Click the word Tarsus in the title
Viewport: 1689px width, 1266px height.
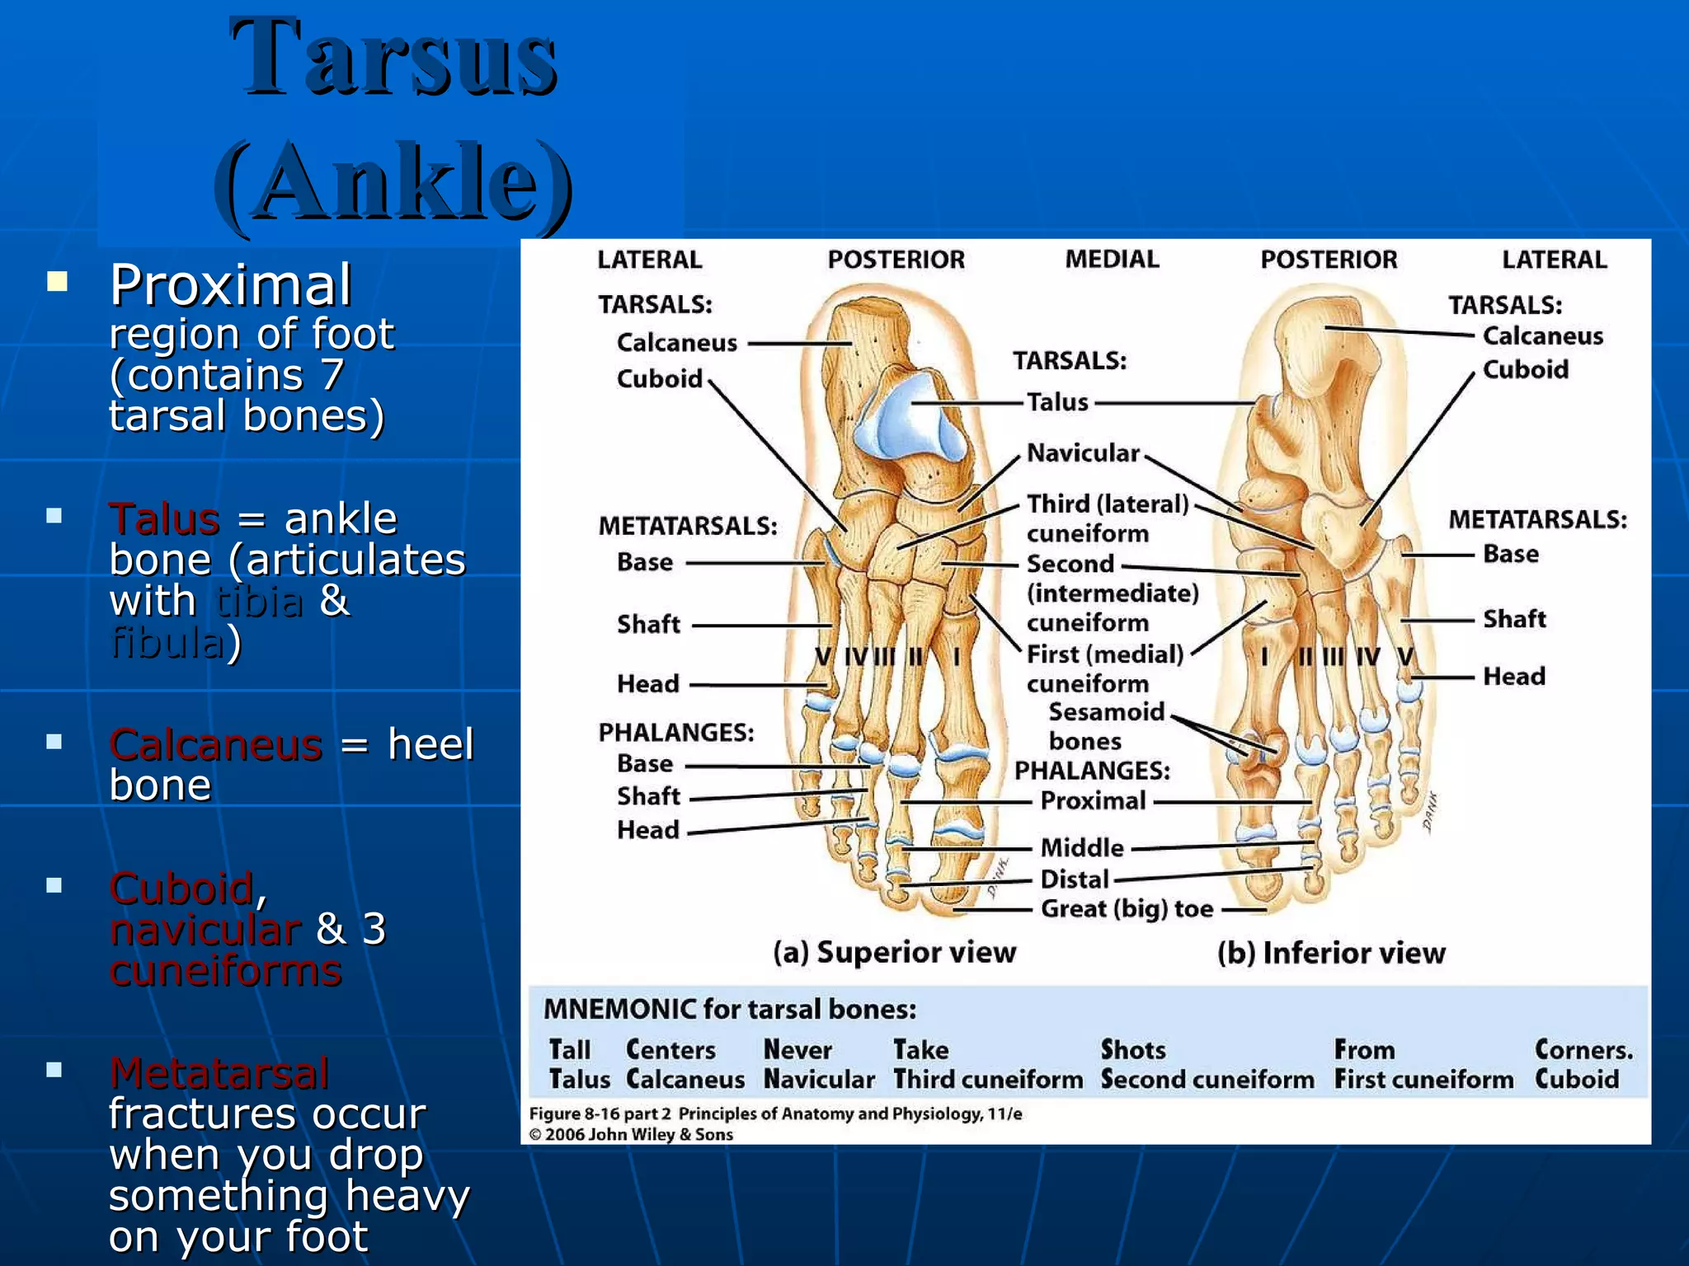[x=393, y=58]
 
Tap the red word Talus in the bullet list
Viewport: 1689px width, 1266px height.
[x=165, y=519]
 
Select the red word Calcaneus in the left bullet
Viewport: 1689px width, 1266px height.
[x=215, y=744]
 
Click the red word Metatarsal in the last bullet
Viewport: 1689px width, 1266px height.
[x=219, y=1072]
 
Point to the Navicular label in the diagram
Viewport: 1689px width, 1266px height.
[x=1082, y=452]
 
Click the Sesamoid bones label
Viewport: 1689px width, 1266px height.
[x=1105, y=726]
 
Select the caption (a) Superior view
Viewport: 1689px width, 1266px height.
[x=894, y=952]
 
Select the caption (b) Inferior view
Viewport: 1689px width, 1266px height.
[x=1331, y=953]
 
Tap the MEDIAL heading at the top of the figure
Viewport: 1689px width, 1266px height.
[x=1112, y=259]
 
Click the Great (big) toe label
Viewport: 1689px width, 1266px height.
[x=1127, y=909]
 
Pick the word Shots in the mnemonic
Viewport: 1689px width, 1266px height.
[x=1132, y=1049]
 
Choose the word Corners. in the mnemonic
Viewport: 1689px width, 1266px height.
[x=1583, y=1049]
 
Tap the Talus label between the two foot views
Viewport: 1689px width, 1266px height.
[x=1057, y=402]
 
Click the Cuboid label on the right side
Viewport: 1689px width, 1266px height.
[x=1525, y=369]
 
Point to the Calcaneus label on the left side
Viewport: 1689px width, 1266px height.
[x=676, y=343]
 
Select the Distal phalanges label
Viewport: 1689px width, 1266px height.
[x=1074, y=879]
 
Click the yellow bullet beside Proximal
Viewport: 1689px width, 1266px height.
[x=57, y=283]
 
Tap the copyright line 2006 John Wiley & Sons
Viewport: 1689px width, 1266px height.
[x=631, y=1134]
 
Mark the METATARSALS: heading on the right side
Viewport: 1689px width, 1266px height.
[x=1537, y=519]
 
